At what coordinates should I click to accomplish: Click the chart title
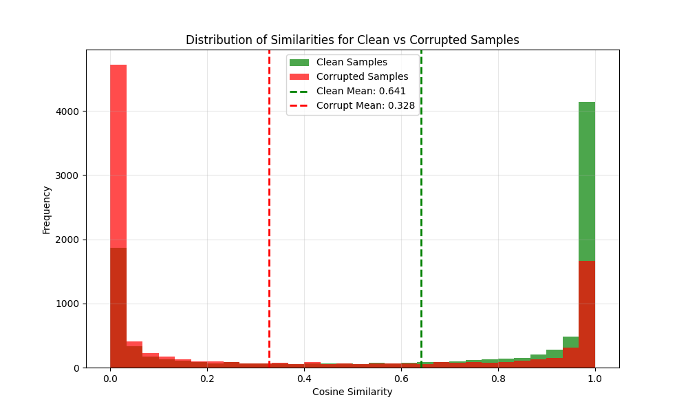click(x=352, y=40)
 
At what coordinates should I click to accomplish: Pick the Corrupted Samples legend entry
click(x=362, y=76)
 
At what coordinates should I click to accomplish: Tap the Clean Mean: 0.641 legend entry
click(x=361, y=91)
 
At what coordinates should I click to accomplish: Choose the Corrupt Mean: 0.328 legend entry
click(x=365, y=105)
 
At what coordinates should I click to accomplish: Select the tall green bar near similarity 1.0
click(x=586, y=179)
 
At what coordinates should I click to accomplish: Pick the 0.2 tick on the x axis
click(x=207, y=378)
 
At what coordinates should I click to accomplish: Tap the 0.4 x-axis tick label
click(x=304, y=378)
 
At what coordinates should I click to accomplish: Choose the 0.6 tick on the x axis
click(x=401, y=378)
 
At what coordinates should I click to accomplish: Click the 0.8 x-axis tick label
click(x=498, y=378)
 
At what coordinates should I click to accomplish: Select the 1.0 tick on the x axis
click(x=595, y=378)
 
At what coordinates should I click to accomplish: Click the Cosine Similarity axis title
click(x=352, y=392)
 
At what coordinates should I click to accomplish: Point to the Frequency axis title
click(x=47, y=209)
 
